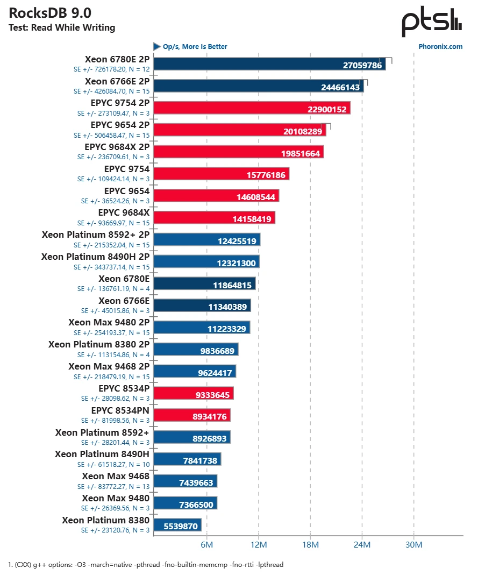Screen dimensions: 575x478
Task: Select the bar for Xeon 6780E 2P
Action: coord(269,64)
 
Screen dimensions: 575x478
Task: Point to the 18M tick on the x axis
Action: coord(310,545)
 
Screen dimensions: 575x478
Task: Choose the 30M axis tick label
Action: coord(413,545)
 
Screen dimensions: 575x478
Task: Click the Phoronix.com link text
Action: coord(440,47)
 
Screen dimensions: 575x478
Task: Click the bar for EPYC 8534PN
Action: coord(192,415)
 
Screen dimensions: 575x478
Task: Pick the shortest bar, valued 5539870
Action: coord(177,525)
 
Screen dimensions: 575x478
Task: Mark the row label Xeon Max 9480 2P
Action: coord(109,322)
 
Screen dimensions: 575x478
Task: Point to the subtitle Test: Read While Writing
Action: coord(62,28)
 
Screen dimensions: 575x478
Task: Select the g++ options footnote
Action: coord(145,565)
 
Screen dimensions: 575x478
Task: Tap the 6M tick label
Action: coord(207,545)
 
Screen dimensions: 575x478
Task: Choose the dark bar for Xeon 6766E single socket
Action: coord(202,306)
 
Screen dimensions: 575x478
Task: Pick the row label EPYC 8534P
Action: coord(124,388)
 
